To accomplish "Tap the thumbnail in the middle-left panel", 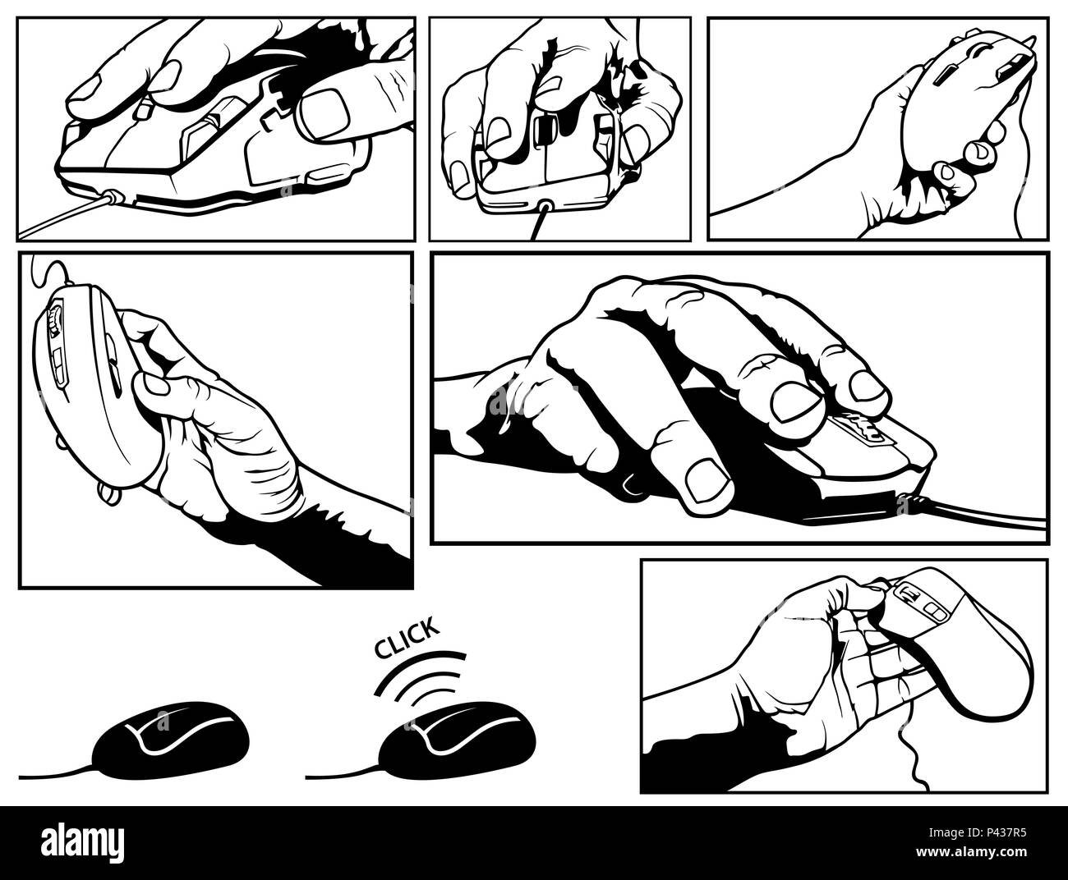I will pyautogui.click(x=150, y=387).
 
